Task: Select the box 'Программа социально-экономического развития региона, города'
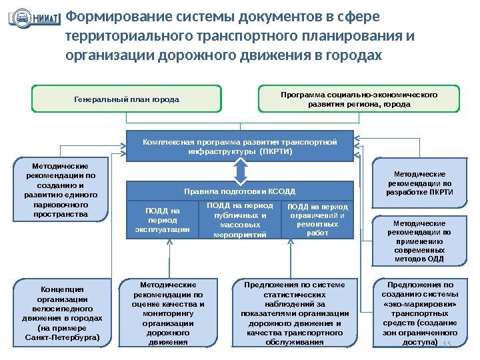tap(359, 99)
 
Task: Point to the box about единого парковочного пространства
tap(60, 189)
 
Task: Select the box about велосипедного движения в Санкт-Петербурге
tap(61, 313)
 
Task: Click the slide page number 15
tap(447, 343)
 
